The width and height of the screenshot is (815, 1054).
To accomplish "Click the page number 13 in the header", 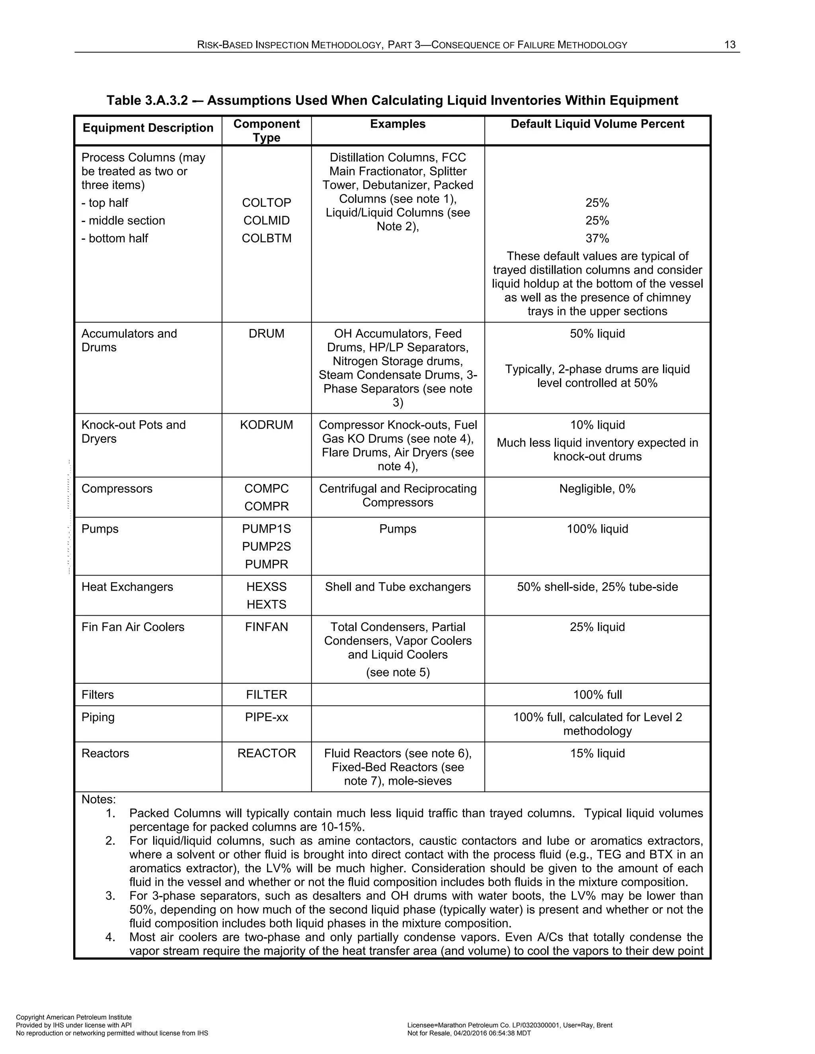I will click(x=729, y=45).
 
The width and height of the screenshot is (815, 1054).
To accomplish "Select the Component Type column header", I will click(x=267, y=131).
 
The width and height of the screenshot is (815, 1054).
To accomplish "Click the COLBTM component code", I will click(x=267, y=238).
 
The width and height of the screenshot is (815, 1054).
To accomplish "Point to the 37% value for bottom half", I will click(x=597, y=238).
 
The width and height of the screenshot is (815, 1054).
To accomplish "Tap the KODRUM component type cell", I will click(x=267, y=425).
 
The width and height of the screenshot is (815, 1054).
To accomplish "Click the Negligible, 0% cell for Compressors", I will click(x=597, y=488).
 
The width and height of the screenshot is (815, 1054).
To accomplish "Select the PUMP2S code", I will click(x=267, y=546).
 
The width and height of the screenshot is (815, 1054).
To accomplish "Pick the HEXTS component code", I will click(x=267, y=604).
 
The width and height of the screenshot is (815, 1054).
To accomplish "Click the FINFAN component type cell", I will click(x=267, y=627).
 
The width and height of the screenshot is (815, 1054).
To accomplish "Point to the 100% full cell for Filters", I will click(x=597, y=694).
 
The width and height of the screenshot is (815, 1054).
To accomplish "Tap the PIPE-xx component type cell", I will click(x=267, y=717).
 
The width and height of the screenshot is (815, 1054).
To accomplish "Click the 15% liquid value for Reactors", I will click(x=597, y=753).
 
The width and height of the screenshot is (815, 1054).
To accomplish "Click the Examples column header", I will click(x=398, y=124).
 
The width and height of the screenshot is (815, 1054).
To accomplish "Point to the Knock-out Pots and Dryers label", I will click(x=133, y=432).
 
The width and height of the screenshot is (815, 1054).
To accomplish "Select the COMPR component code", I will click(x=267, y=506).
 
